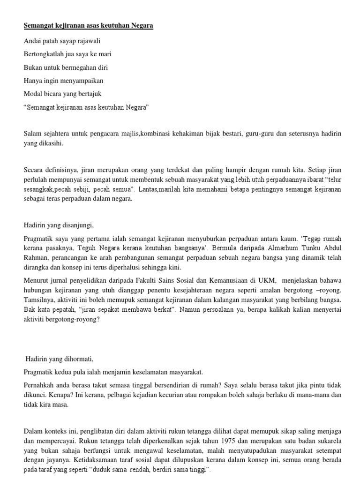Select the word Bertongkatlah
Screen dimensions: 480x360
coord(44,54)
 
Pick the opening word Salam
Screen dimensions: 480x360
coord(32,134)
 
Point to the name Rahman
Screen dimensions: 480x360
coord(36,258)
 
